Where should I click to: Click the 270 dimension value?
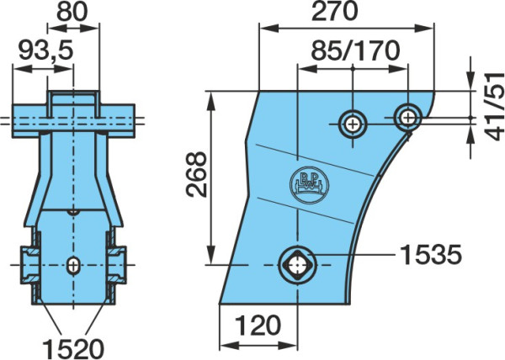[x=335, y=11]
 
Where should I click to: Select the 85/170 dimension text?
[x=355, y=50]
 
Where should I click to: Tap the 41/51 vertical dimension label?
[x=495, y=107]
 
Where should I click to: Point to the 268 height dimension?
[x=196, y=174]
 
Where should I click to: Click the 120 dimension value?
[x=258, y=326]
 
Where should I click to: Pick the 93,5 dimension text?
[x=45, y=50]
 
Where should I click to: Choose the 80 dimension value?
[x=72, y=12]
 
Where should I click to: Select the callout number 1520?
[x=73, y=349]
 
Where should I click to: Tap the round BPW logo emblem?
[x=310, y=186]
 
